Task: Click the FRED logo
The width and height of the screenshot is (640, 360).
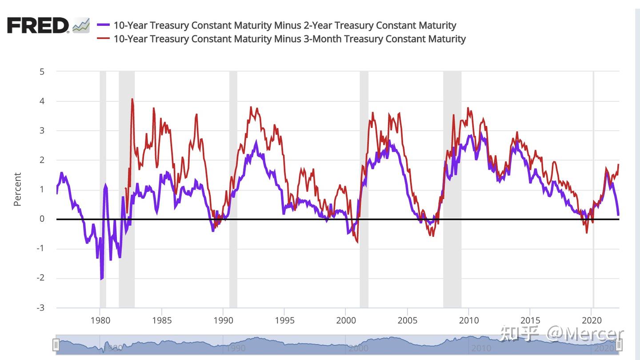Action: point(38,25)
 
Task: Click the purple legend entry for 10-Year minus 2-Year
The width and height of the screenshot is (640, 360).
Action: point(284,25)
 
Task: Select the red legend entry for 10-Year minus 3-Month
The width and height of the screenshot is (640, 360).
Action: point(289,39)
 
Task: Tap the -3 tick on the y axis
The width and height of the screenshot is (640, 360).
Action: point(40,308)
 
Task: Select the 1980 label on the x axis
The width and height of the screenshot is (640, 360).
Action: point(100,320)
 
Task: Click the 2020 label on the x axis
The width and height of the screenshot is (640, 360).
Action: point(592,320)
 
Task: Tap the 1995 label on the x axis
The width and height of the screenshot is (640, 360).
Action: point(284,320)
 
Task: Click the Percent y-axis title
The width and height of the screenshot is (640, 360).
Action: point(17,189)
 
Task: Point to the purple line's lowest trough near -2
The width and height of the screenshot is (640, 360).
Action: point(101,279)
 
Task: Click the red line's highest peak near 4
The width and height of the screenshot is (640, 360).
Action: point(132,100)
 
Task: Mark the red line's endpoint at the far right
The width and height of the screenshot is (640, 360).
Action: point(618,165)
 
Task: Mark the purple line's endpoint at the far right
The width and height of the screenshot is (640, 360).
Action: point(618,215)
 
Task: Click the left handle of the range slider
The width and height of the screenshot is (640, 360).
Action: point(56,344)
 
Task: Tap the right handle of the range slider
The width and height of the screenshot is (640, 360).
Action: point(619,344)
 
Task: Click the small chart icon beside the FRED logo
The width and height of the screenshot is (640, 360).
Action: point(81,25)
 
